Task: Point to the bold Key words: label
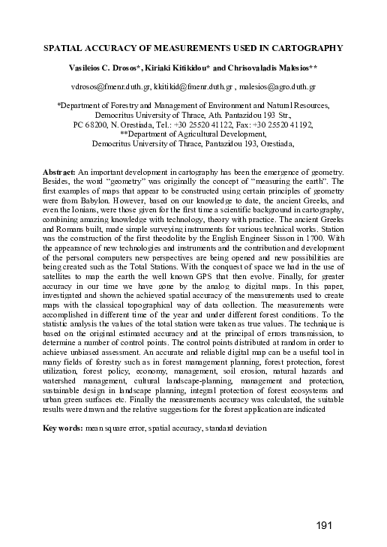65,428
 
